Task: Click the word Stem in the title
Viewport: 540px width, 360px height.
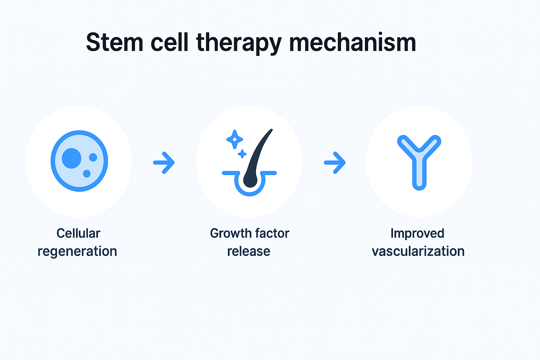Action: (x=115, y=43)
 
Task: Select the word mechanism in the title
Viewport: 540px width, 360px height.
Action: (x=352, y=43)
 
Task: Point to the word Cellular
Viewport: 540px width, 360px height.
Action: (x=78, y=233)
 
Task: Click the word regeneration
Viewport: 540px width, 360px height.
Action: (x=77, y=252)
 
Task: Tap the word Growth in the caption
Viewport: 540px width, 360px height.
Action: (x=230, y=233)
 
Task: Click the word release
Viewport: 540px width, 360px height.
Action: (x=249, y=252)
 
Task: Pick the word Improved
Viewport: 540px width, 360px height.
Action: (x=417, y=233)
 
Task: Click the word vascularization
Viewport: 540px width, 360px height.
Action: (x=418, y=252)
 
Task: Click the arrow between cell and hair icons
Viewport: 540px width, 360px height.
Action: (x=164, y=162)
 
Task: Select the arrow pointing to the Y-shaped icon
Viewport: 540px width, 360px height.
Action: (x=335, y=162)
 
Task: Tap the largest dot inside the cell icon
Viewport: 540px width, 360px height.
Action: (x=72, y=158)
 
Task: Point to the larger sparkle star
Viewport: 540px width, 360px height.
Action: (x=234, y=140)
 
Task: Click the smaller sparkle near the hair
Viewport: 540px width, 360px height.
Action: (x=242, y=154)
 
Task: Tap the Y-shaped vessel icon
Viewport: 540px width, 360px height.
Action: (x=419, y=162)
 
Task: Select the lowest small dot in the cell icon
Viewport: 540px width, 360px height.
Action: (x=86, y=173)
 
